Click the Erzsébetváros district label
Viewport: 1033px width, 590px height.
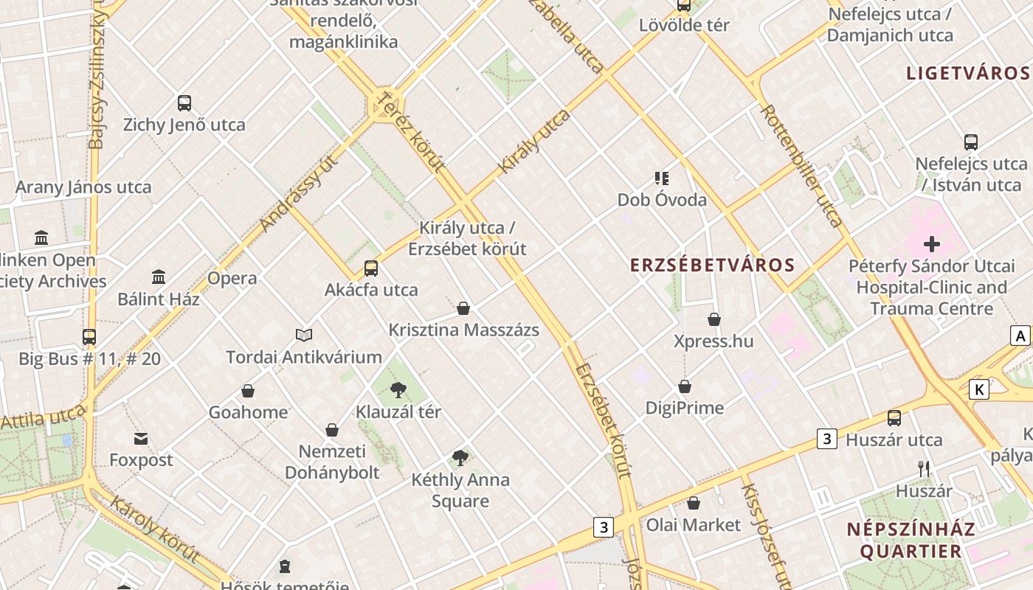pos(712,265)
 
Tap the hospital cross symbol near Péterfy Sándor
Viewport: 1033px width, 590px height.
pos(931,243)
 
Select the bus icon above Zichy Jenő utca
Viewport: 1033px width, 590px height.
pos(184,103)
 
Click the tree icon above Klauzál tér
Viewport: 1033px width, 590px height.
pos(398,389)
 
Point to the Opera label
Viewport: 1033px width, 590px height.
pos(232,279)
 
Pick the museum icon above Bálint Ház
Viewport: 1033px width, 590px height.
pos(159,277)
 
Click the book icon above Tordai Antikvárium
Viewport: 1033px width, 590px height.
pos(304,336)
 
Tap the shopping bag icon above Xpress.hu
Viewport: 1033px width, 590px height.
pos(714,319)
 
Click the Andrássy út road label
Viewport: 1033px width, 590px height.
pos(299,193)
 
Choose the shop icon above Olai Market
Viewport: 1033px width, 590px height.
pos(694,503)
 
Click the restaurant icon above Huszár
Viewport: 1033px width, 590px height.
pos(923,468)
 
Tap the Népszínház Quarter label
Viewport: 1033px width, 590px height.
pos(911,540)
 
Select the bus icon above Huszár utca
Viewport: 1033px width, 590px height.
pos(894,418)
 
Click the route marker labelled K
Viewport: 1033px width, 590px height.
pos(978,389)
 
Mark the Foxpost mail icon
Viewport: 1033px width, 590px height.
pos(141,439)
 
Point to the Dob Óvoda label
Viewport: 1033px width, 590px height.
pos(662,200)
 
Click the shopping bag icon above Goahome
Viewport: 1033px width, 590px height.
pos(248,390)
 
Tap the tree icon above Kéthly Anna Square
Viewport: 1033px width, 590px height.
pos(460,458)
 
